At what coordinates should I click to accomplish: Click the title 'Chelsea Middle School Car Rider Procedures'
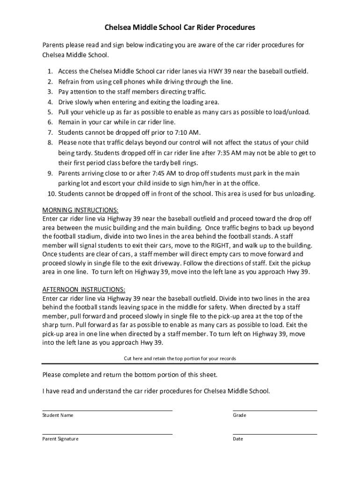click(x=180, y=28)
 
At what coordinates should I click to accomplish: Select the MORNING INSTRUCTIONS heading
click(x=80, y=210)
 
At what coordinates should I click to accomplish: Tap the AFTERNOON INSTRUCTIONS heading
click(x=84, y=290)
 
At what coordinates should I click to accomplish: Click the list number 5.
click(x=50, y=112)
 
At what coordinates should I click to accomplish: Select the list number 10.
click(x=49, y=194)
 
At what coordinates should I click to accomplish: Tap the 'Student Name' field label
click(x=58, y=415)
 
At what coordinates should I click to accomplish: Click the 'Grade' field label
click(x=239, y=415)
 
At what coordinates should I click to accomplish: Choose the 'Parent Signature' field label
click(x=60, y=439)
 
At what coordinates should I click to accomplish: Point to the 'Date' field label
click(x=238, y=439)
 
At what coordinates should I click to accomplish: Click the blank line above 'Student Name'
click(x=107, y=410)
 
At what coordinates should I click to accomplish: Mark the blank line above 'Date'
click(x=274, y=434)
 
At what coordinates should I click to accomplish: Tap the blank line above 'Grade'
click(x=274, y=410)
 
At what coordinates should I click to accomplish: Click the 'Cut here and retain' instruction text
click(x=180, y=358)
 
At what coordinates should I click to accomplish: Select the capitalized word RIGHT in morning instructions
click(x=221, y=245)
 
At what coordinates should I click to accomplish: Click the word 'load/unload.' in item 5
click(x=291, y=112)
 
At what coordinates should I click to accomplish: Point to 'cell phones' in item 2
click(x=116, y=81)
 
